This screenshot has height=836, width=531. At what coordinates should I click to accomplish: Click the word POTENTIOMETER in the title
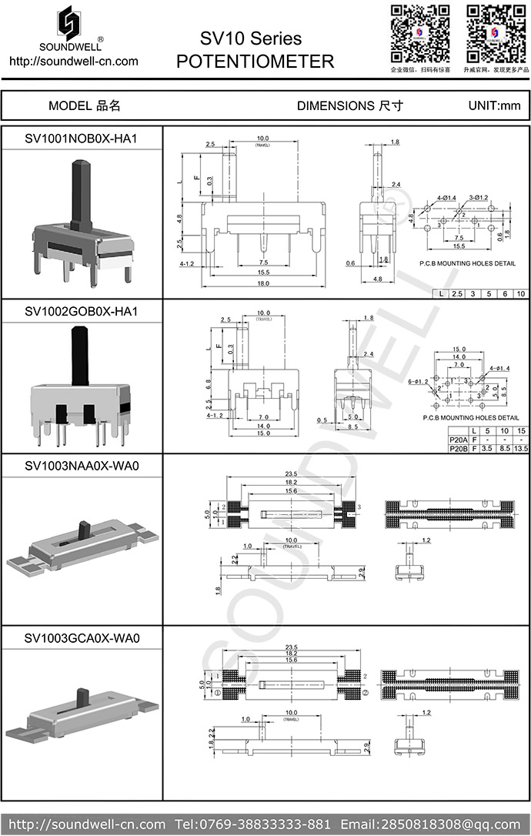pos(255,62)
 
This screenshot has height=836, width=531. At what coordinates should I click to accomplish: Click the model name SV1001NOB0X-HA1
pos(82,139)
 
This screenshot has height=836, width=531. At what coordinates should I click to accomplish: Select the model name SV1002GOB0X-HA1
pos(82,311)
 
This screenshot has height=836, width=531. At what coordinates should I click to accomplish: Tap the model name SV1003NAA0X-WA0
pos(82,466)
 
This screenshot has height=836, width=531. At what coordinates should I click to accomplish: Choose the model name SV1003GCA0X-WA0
pos(82,638)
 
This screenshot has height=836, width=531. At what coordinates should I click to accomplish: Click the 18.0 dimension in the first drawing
pos(262,283)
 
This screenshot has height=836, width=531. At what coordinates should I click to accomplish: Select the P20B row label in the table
pos(457,447)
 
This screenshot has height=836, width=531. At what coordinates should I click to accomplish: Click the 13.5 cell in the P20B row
pos(521,447)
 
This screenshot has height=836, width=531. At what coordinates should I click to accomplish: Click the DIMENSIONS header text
pos(349,106)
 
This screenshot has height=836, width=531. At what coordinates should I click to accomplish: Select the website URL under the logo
pos(73,62)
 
